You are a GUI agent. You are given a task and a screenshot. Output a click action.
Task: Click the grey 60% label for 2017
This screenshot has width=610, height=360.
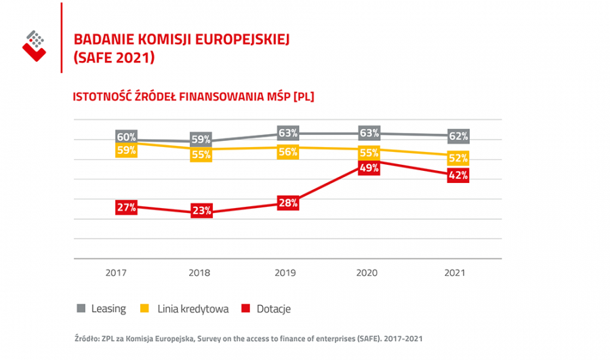tap(127, 137)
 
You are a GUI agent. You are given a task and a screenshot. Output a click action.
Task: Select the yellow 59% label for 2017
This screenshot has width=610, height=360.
tap(127, 151)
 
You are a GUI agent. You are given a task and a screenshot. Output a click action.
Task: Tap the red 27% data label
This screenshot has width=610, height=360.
tap(127, 208)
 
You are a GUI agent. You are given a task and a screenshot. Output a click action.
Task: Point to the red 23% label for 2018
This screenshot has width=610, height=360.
tap(201, 210)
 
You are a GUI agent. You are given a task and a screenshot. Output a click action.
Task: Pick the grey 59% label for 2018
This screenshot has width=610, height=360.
tap(201, 140)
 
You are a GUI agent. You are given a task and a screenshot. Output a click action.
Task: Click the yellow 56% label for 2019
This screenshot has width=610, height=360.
tap(288, 152)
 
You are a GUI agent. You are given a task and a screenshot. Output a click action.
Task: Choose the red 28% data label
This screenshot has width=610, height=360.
tap(288, 203)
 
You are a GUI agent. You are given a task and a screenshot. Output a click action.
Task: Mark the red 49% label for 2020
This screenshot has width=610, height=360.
tap(369, 169)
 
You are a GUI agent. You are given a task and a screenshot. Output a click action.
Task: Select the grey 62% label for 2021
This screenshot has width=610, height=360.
tap(459, 136)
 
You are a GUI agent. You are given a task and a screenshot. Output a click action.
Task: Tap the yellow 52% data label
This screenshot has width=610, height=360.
tap(459, 158)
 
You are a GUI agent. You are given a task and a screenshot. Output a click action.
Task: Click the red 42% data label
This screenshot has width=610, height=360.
tap(459, 176)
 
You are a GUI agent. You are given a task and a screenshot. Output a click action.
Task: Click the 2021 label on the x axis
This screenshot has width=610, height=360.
tap(455, 273)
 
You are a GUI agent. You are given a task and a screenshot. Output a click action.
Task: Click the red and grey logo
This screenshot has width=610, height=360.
tap(34, 45)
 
